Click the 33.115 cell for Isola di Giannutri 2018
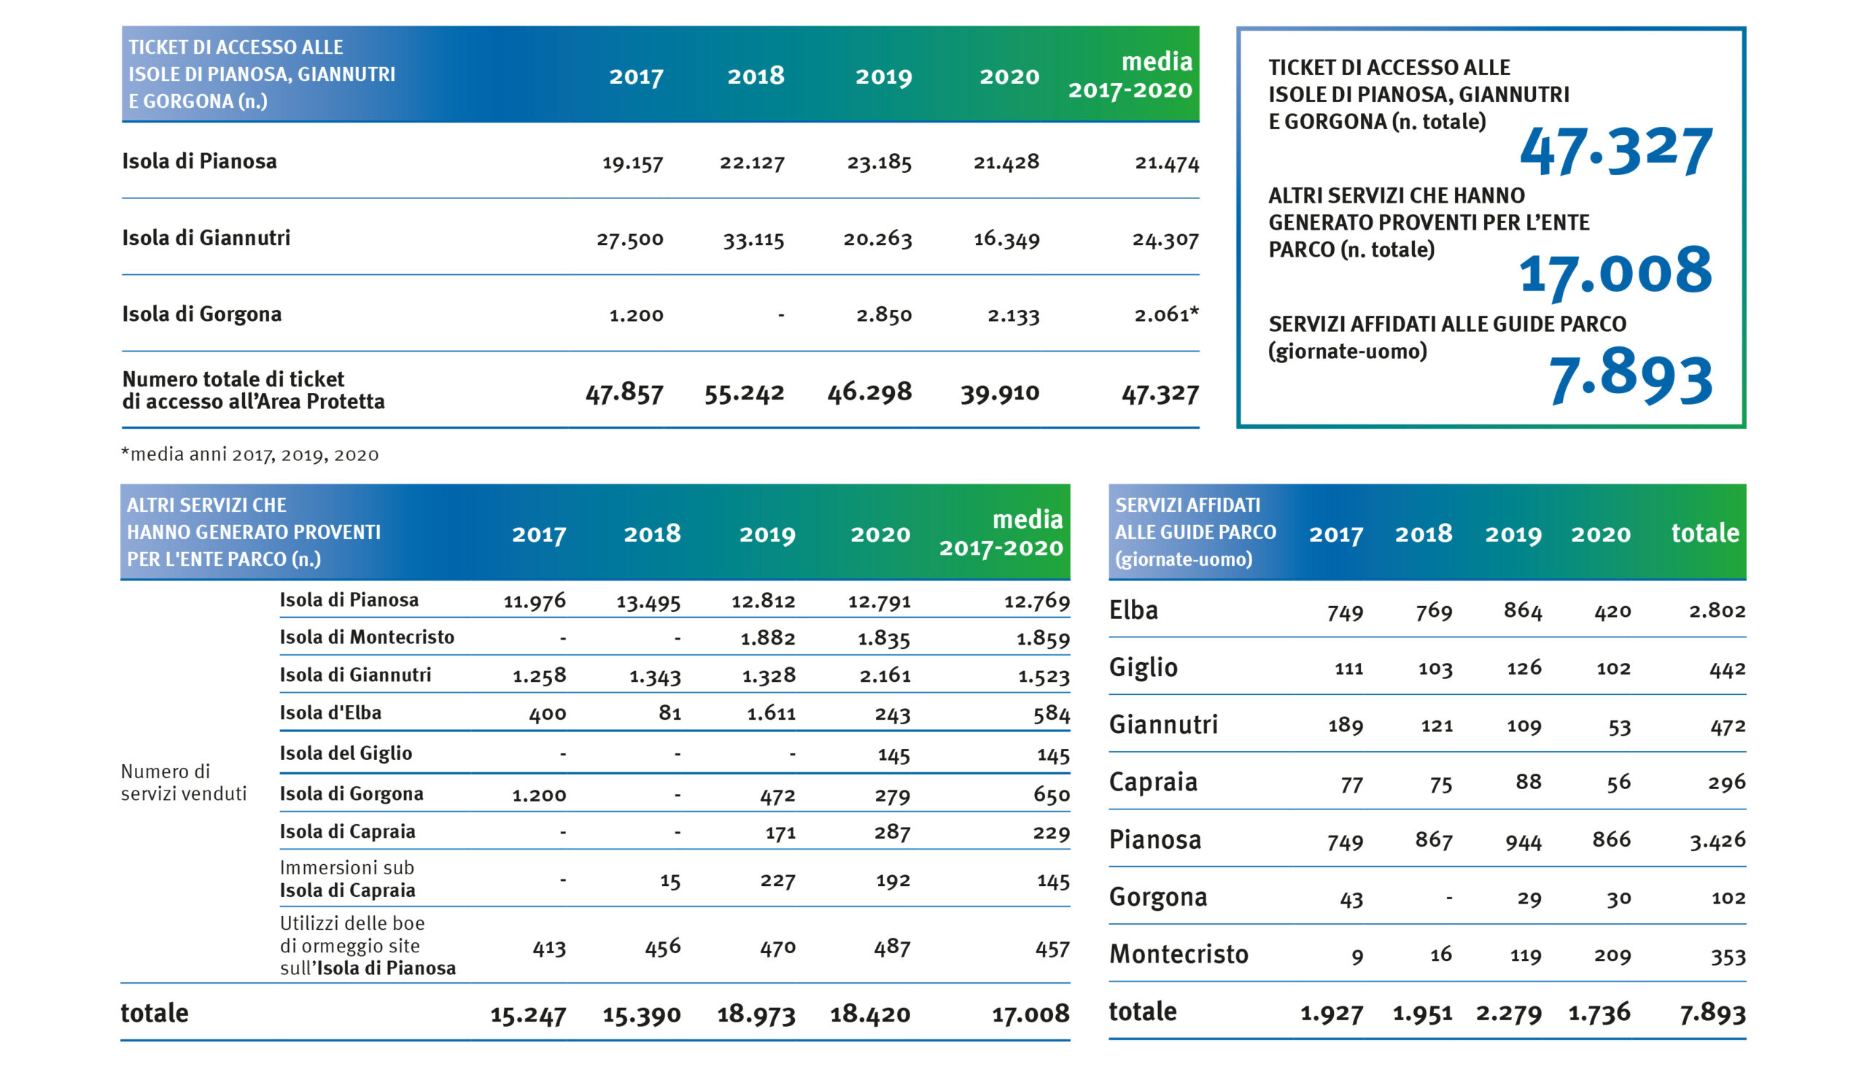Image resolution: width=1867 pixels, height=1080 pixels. (753, 239)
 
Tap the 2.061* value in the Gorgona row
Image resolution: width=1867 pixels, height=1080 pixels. (1166, 315)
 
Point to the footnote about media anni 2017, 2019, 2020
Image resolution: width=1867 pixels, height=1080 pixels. (249, 454)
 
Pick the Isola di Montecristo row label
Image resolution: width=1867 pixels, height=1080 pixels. (367, 637)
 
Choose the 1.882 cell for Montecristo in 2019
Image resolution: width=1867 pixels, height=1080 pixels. (767, 638)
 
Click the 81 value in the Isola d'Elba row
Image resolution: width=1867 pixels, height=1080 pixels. (669, 712)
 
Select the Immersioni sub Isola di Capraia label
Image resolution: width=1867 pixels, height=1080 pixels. (347, 879)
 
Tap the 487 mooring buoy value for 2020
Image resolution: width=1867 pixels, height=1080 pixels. (892, 947)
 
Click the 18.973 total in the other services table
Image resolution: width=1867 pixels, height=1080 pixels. (756, 1014)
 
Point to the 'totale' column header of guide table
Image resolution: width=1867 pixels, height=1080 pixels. (1705, 532)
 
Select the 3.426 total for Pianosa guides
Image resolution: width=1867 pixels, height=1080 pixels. (1717, 840)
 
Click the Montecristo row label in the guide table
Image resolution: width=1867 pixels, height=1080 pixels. (1179, 954)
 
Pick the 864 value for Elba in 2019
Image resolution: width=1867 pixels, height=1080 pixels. (1523, 611)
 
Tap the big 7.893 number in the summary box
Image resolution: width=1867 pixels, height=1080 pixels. (1630, 379)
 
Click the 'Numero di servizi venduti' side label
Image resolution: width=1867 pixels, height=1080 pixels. (184, 782)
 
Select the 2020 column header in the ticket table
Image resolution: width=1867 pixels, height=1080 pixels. (1009, 77)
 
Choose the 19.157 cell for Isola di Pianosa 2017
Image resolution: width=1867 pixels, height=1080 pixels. (632, 162)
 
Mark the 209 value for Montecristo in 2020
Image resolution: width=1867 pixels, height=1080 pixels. (1613, 955)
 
